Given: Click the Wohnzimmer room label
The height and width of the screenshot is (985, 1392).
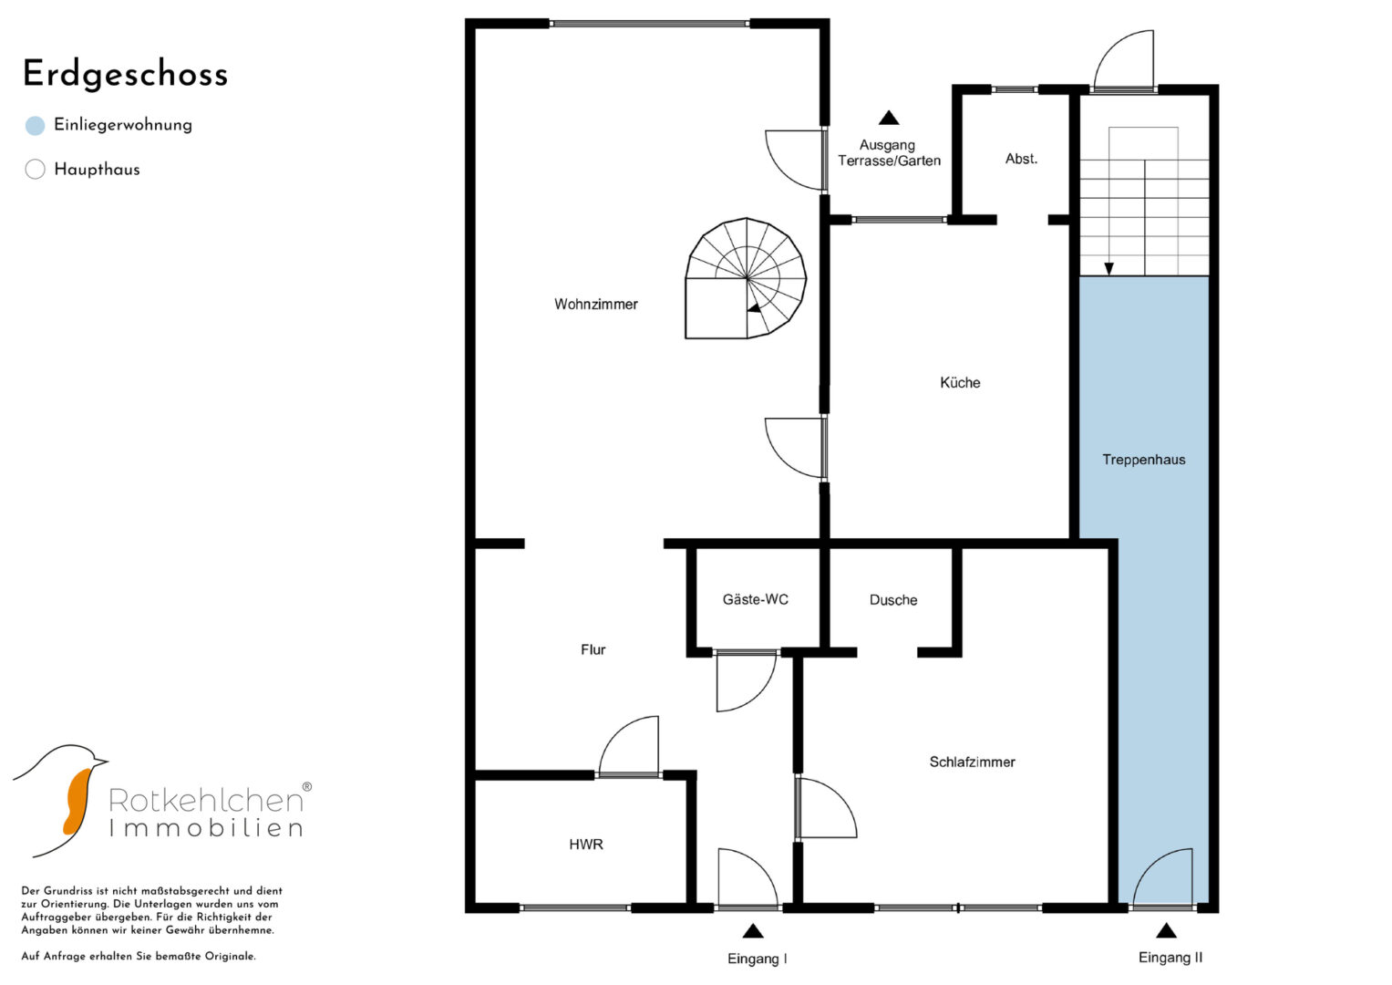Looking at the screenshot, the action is (x=596, y=304).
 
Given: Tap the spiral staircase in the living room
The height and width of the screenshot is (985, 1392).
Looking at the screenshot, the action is (x=746, y=278).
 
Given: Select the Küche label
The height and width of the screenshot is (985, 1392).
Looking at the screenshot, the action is (x=960, y=382).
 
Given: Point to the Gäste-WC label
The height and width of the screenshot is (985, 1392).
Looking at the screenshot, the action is (x=755, y=599).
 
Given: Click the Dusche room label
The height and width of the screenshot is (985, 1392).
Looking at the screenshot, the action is (x=893, y=600).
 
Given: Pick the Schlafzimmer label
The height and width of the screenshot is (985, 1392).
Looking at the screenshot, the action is (x=972, y=762).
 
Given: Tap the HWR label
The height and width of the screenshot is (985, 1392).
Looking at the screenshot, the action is (x=586, y=845).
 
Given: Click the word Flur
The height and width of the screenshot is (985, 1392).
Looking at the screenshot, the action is (x=593, y=649).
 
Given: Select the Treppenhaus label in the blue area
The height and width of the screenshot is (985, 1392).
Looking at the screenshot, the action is (x=1143, y=460).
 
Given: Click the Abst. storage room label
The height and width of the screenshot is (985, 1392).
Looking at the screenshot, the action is (x=1021, y=159).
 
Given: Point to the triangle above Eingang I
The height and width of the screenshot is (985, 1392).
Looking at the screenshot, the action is (x=753, y=931).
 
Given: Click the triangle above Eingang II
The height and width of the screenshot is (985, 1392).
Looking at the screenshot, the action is (x=1167, y=931).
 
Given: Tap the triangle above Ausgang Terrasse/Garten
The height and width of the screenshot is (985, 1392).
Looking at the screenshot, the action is (x=890, y=118).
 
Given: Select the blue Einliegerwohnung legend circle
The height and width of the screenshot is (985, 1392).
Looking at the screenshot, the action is (x=36, y=126).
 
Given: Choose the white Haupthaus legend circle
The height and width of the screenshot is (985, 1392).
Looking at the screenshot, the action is (x=36, y=169).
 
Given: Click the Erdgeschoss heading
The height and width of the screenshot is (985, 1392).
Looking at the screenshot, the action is (x=126, y=75).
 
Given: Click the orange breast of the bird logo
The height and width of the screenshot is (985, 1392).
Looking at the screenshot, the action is (x=77, y=803).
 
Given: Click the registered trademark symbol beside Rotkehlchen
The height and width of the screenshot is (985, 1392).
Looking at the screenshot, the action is (x=307, y=786).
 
